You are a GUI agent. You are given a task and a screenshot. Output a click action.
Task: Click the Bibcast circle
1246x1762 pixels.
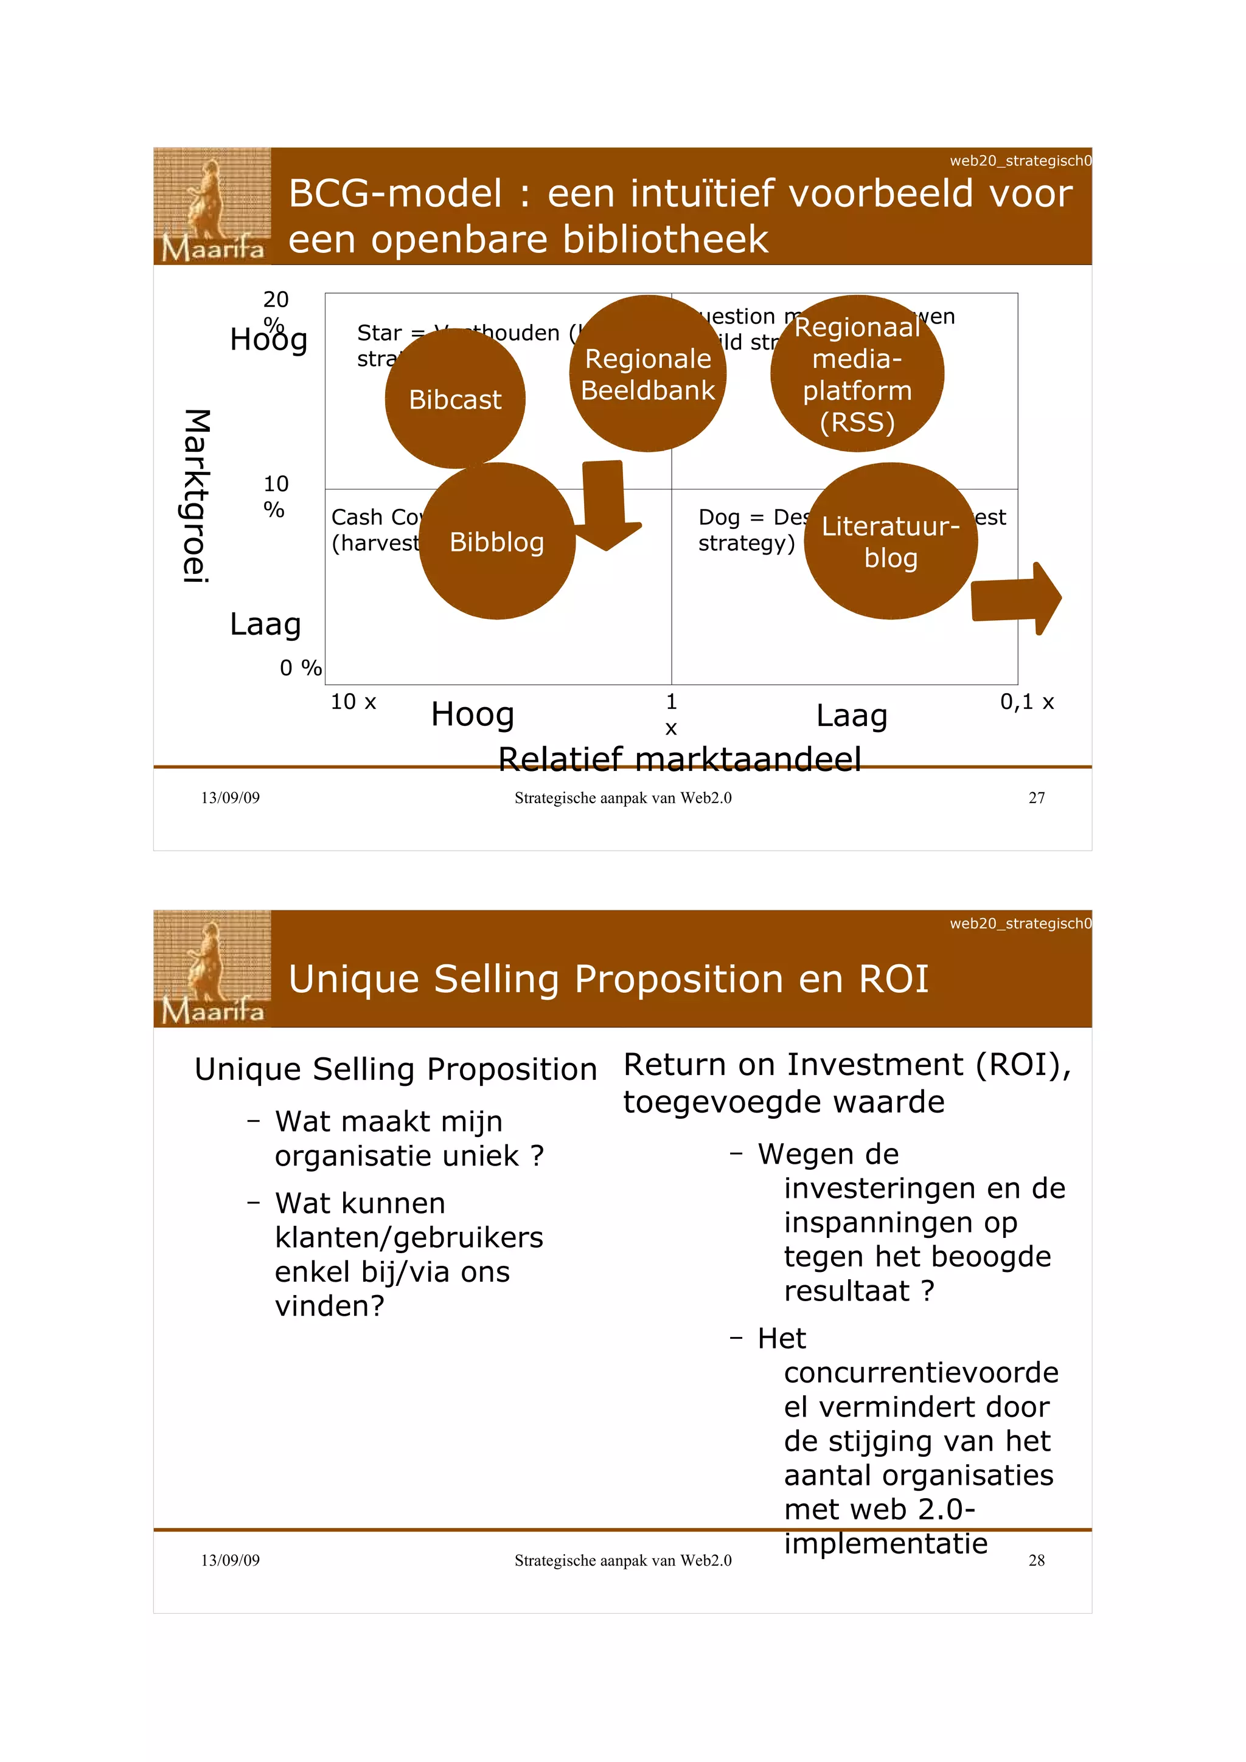[x=454, y=398]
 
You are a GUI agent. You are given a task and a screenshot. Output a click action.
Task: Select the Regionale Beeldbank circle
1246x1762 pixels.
[x=647, y=374]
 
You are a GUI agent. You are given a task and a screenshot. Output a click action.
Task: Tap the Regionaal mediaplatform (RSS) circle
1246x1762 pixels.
[x=857, y=374]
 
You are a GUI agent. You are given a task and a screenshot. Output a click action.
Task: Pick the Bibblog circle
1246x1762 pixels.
[x=496, y=541]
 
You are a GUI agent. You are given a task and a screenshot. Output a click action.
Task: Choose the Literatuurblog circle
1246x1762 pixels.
[x=889, y=541]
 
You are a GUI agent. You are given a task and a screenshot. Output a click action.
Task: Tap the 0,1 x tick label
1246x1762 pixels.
[x=1026, y=702]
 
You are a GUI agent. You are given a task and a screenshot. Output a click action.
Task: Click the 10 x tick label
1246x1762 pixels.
[x=353, y=702]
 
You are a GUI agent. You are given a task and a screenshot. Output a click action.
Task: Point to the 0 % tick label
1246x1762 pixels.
[x=300, y=668]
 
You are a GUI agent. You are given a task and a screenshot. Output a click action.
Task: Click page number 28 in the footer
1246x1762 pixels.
[x=1035, y=1560]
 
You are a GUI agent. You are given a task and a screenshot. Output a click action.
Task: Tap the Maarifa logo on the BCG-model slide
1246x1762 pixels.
[x=212, y=206]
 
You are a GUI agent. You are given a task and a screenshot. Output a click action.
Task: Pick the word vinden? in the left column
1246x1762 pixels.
[x=329, y=1305]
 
